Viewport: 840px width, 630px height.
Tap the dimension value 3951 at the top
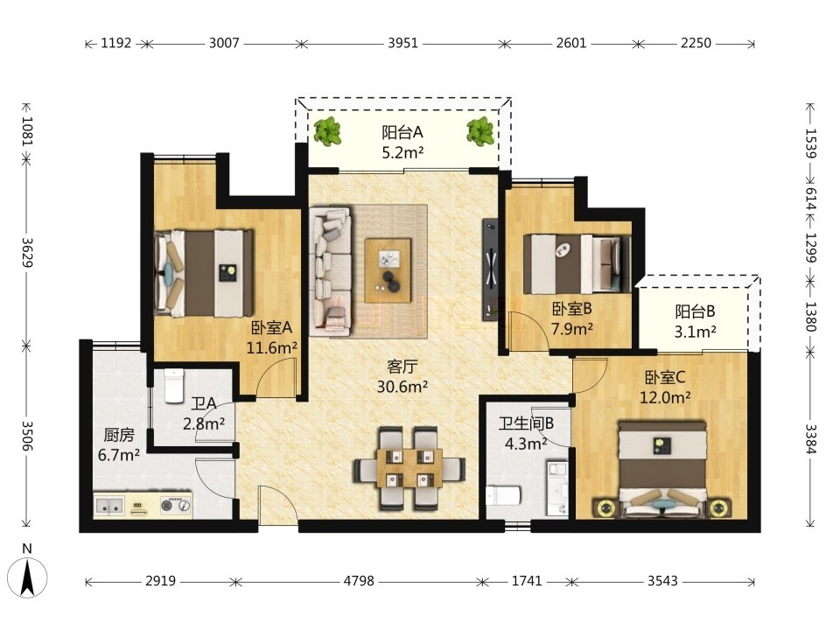402,43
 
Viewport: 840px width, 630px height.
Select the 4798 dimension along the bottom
359,581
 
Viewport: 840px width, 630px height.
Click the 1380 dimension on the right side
810,317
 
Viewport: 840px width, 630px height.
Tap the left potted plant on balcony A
327,130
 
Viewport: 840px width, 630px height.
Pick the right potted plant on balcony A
480,130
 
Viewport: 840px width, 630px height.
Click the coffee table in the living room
388,271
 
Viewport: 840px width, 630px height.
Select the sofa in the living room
331,271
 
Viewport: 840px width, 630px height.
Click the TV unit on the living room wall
490,269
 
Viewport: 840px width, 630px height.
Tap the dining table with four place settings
409,468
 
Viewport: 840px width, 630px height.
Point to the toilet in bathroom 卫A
173,386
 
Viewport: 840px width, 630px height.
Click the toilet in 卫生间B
503,495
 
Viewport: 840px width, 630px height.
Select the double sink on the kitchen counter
110,505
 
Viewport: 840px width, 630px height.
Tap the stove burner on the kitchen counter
176,505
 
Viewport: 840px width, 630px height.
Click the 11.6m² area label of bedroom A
271,347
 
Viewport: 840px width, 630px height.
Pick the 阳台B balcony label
695,311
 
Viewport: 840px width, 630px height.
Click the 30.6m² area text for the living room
402,386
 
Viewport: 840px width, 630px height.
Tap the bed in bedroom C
662,469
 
